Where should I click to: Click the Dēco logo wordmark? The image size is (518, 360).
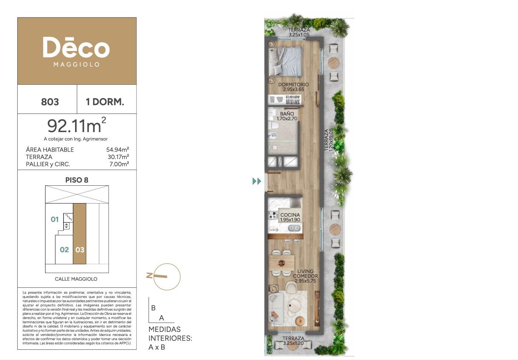tap(76, 47)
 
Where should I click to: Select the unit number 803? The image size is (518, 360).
tap(50, 102)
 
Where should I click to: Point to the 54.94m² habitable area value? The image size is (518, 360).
tap(118, 149)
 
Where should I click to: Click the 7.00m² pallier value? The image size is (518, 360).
tap(119, 164)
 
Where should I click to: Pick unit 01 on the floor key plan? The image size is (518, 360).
tap(55, 219)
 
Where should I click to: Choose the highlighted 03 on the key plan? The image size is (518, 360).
tap(80, 250)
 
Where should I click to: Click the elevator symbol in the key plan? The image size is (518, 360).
tap(67, 226)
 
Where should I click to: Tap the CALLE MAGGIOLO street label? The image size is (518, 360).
tap(76, 279)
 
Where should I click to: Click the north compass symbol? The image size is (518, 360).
tap(164, 276)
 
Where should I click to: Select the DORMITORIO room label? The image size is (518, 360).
tap(294, 85)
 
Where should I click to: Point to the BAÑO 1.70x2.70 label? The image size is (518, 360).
tap(287, 116)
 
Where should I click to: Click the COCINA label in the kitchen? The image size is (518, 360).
tap(290, 215)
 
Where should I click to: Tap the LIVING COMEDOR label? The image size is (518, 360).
tap(305, 274)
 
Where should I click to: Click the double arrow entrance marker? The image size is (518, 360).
tap(257, 181)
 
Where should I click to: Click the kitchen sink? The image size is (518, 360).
tap(294, 229)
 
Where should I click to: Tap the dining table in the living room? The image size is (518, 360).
tap(282, 263)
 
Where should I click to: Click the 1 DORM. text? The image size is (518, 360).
tap(105, 102)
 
